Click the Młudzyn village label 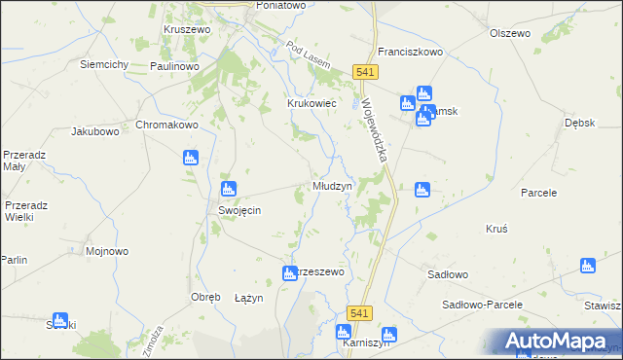[x=332, y=185]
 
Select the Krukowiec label [x=311, y=102]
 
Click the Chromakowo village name [x=166, y=126]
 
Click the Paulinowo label [x=175, y=66]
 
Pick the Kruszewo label [x=188, y=29]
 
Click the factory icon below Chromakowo [x=190, y=157]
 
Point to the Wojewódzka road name [x=375, y=128]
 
